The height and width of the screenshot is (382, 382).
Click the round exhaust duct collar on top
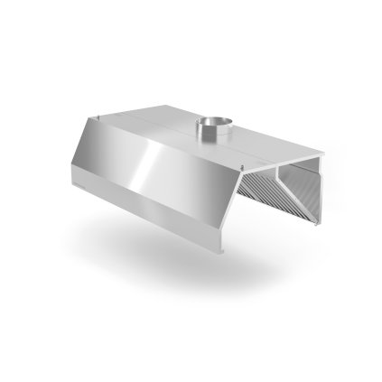[207, 129]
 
